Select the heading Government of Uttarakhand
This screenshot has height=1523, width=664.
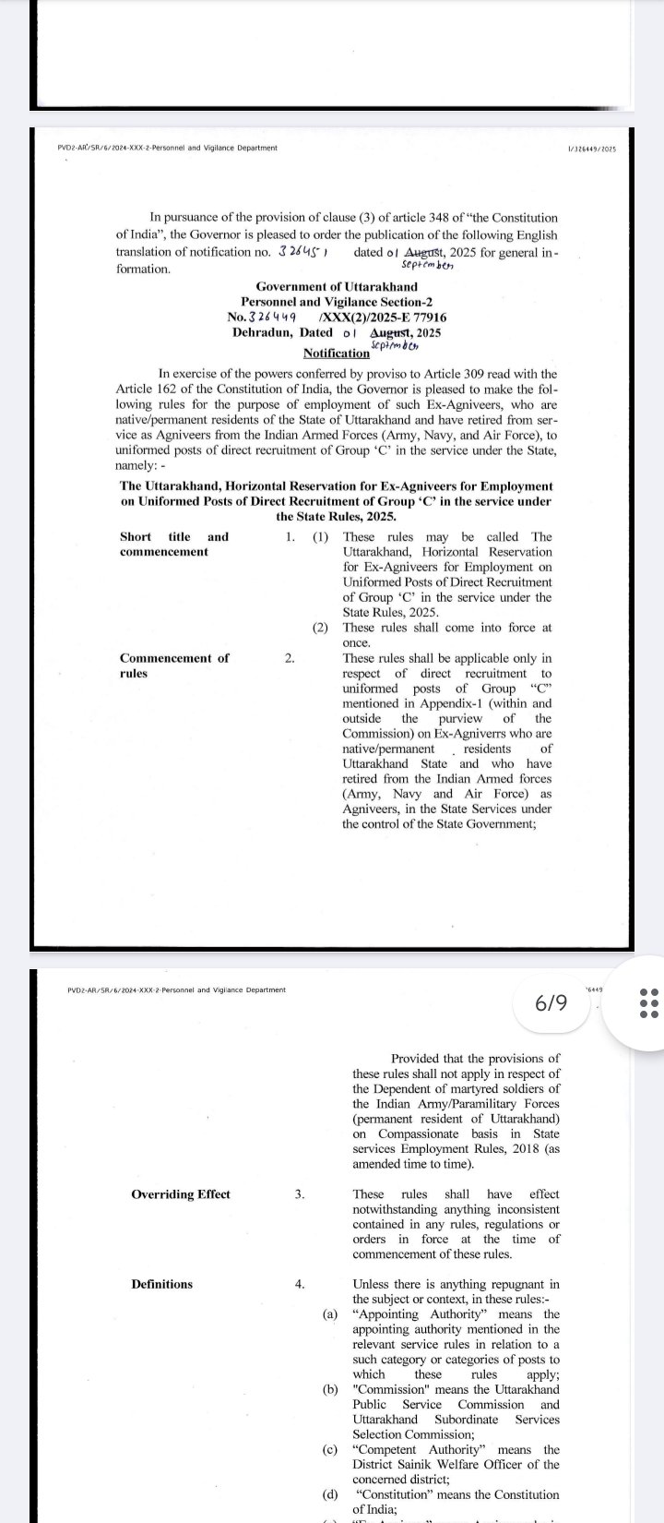coord(337,287)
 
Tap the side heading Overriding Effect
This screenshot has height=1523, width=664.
coord(181,1194)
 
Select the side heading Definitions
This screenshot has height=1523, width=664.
coord(162,1284)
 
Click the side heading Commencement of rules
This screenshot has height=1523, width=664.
coord(174,666)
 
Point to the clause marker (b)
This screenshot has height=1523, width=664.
coord(330,1389)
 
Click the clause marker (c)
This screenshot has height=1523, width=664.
coord(330,1450)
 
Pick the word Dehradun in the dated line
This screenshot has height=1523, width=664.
coord(263,332)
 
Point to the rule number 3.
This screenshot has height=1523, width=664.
coord(300,1194)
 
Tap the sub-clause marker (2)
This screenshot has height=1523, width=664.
coord(320,628)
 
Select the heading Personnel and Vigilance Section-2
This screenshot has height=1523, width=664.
coord(337,302)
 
